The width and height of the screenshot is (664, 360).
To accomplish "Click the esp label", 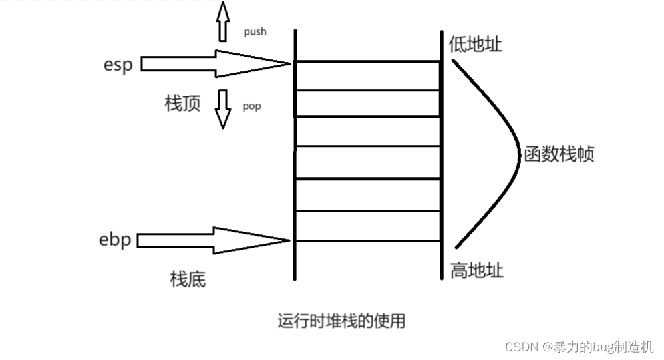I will [118, 65].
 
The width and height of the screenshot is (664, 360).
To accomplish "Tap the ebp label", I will [114, 240].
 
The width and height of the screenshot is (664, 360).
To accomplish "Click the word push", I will [254, 31].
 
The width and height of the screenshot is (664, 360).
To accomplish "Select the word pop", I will [251, 106].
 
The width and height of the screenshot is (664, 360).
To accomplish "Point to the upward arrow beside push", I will [222, 22].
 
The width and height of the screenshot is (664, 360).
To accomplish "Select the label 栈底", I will [188, 279].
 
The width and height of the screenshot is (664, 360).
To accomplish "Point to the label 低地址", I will [475, 45].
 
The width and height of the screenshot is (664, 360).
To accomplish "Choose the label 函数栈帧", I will [559, 154].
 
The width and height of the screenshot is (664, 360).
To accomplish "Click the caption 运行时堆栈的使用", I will [341, 321].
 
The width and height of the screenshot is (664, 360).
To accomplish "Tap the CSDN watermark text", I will [579, 347].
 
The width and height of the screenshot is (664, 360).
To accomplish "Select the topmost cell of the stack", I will [367, 75].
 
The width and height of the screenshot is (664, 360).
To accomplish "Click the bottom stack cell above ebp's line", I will [367, 225].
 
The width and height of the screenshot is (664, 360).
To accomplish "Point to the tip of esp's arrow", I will [290, 64].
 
